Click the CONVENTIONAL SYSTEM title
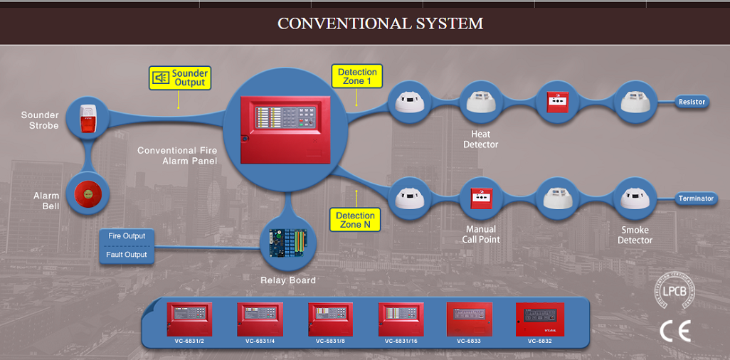pyautogui.click(x=380, y=23)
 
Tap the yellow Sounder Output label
pyautogui.click(x=180, y=78)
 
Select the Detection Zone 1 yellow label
pyautogui.click(x=357, y=76)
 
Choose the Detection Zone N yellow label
pyautogui.click(x=356, y=220)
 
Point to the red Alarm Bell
pyautogui.click(x=86, y=194)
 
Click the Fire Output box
pyautogui.click(x=127, y=236)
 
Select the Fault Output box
pyautogui.click(x=127, y=255)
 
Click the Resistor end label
pyautogui.click(x=692, y=102)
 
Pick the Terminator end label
pyautogui.click(x=695, y=198)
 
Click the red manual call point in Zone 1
pyautogui.click(x=556, y=102)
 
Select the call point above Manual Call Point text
pyautogui.click(x=482, y=198)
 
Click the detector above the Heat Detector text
pyautogui.click(x=481, y=102)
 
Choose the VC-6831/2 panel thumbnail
pyautogui.click(x=189, y=319)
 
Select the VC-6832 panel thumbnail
pyautogui.click(x=539, y=319)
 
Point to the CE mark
pyautogui.click(x=675, y=332)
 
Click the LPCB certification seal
pyautogui.click(x=675, y=290)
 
